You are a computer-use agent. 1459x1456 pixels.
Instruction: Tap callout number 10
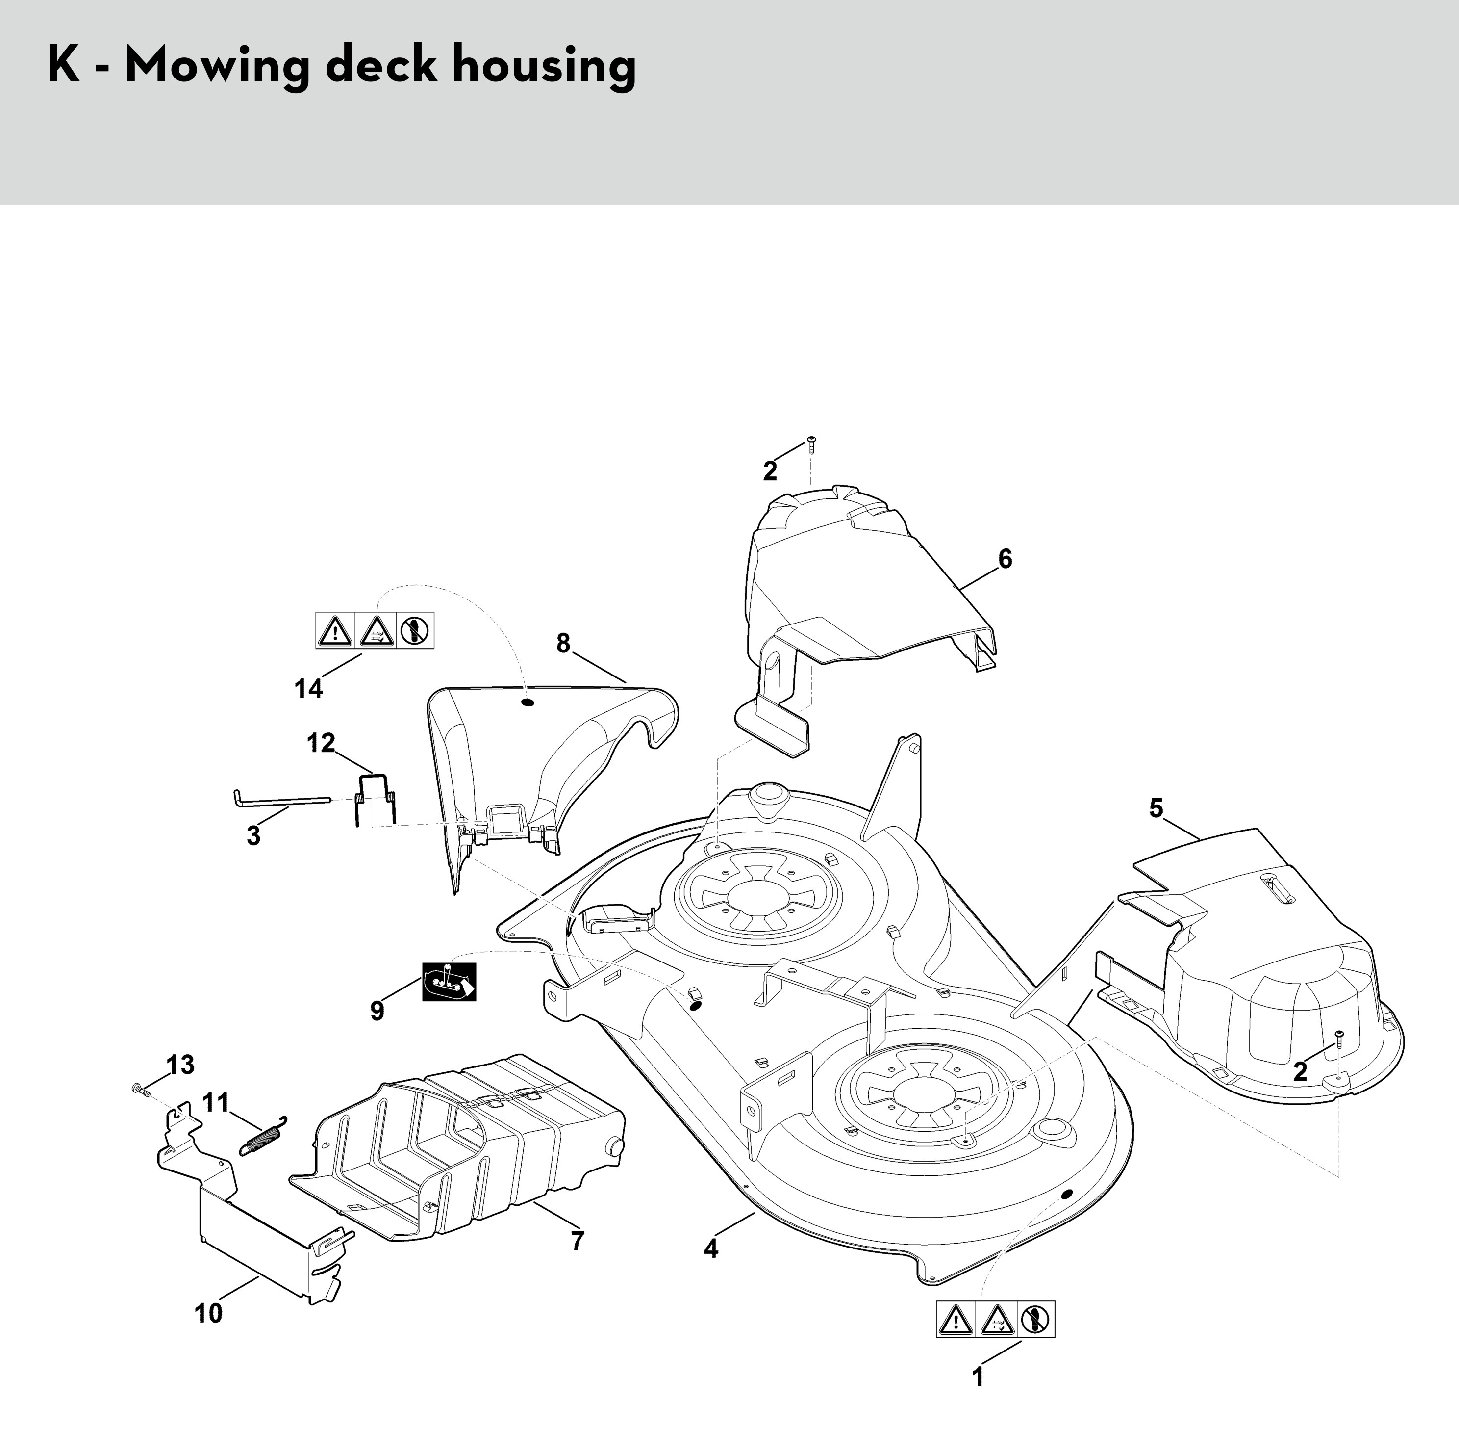(208, 1313)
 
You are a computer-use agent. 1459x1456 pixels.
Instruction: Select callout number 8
(563, 643)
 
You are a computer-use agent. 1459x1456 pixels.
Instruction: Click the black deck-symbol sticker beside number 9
(449, 982)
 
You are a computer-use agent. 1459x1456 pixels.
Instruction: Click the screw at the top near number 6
(811, 443)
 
